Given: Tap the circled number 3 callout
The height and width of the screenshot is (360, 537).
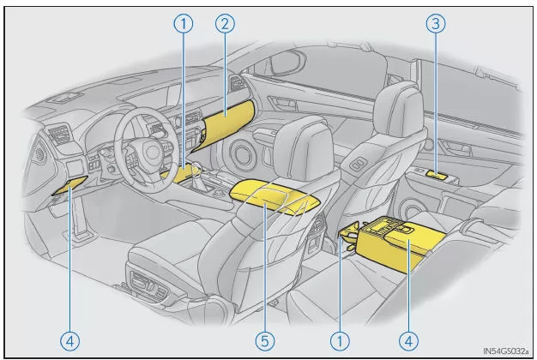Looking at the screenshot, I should click(x=436, y=24).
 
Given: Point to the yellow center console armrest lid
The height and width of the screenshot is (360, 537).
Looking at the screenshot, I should click(x=275, y=195).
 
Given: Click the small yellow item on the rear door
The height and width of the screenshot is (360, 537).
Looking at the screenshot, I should click(x=439, y=177).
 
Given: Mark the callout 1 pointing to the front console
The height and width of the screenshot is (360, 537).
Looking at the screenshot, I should click(x=182, y=24).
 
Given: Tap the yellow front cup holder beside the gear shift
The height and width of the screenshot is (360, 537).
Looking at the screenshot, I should click(x=181, y=175).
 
